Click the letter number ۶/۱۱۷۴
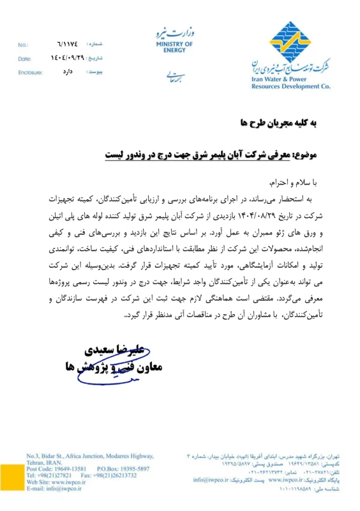point(68,46)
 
